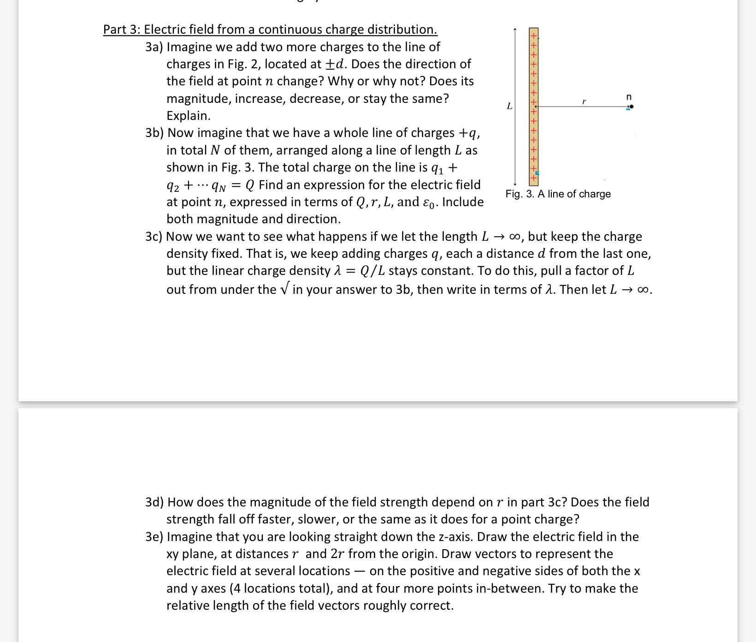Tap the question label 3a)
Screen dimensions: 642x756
point(154,47)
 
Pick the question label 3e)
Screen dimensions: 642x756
point(154,537)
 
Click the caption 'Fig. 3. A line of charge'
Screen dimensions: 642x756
point(558,194)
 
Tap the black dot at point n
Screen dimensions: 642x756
point(632,107)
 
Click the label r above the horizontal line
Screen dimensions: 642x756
point(584,101)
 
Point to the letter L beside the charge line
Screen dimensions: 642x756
point(509,106)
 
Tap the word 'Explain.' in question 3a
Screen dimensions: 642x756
point(188,116)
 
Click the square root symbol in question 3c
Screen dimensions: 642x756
point(284,289)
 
